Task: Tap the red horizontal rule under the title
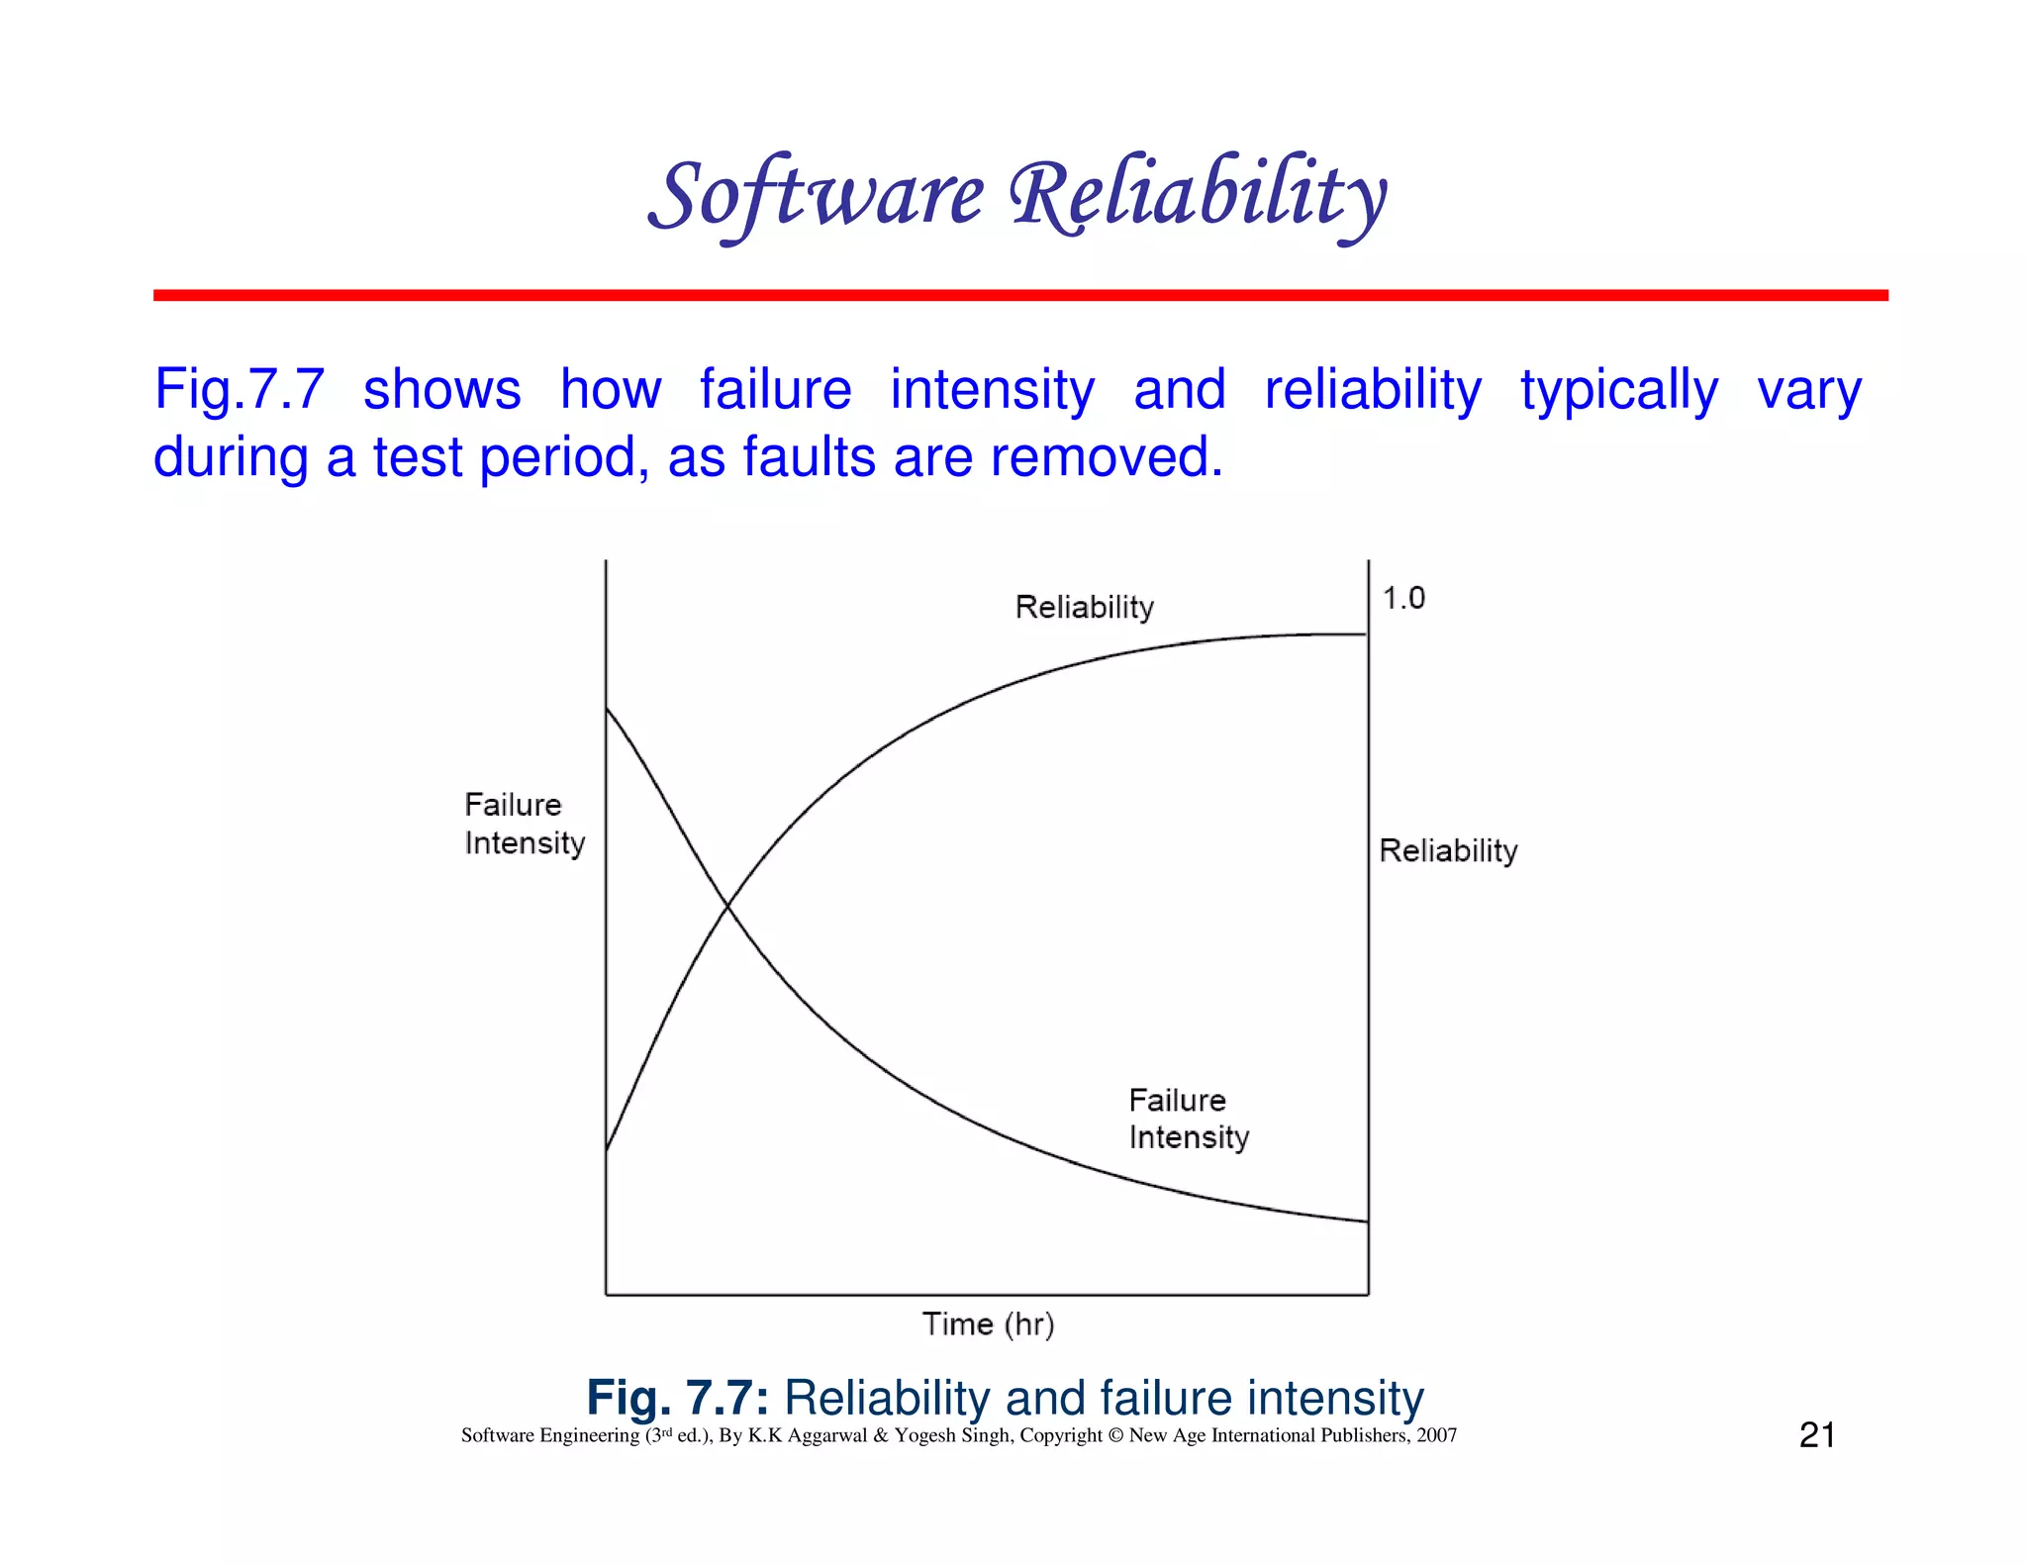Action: pyautogui.click(x=1019, y=295)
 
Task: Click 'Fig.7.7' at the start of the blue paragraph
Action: pyautogui.click(x=239, y=389)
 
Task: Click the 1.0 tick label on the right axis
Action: pyautogui.click(x=1403, y=598)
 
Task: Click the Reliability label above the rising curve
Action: pyautogui.click(x=1085, y=607)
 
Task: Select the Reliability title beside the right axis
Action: pyautogui.click(x=1448, y=850)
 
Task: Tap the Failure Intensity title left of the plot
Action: pyautogui.click(x=524, y=824)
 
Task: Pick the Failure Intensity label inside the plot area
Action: pyautogui.click(x=1188, y=1119)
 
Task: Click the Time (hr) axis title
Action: pyautogui.click(x=988, y=1324)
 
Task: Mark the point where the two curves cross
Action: pyautogui.click(x=727, y=904)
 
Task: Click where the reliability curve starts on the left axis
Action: pyautogui.click(x=607, y=1148)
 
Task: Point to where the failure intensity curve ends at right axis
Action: pyautogui.click(x=1367, y=1222)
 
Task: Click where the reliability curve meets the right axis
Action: pyautogui.click(x=1367, y=635)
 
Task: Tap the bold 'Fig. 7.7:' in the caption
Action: pyautogui.click(x=677, y=1398)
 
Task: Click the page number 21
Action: pyautogui.click(x=1816, y=1434)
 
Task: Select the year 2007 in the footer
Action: pyautogui.click(x=1436, y=1435)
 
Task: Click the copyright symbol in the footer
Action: pyautogui.click(x=1115, y=1435)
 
